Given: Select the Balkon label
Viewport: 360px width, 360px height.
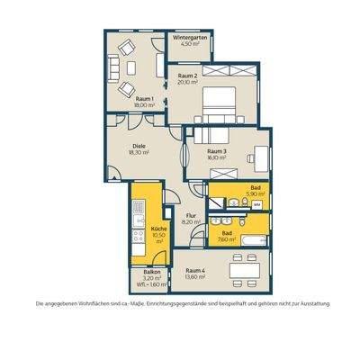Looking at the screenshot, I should click(x=151, y=273).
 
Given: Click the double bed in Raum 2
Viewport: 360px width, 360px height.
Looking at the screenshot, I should click(x=221, y=103).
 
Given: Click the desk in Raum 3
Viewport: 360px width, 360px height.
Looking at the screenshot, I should click(x=260, y=153).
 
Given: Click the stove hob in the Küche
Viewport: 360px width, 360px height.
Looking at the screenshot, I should click(x=139, y=238).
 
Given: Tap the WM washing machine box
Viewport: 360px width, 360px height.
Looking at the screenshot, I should click(x=256, y=205).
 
